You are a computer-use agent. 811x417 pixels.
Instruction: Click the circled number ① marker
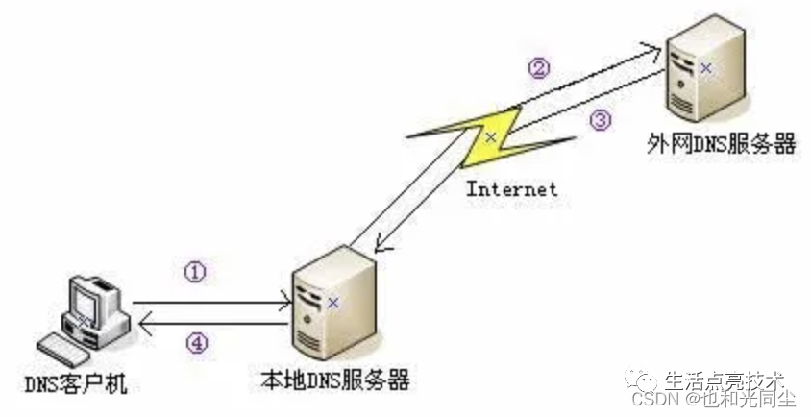(195, 273)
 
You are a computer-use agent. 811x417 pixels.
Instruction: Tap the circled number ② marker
(540, 67)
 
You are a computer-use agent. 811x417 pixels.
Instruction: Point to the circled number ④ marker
(195, 344)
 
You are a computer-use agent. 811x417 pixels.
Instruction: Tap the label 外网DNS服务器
(722, 145)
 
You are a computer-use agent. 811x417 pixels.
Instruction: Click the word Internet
(511, 188)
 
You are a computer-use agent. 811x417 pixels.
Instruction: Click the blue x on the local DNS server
(332, 302)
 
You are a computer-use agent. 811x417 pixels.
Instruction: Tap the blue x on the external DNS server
(706, 68)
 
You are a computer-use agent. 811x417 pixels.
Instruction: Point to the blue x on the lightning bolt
(490, 137)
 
